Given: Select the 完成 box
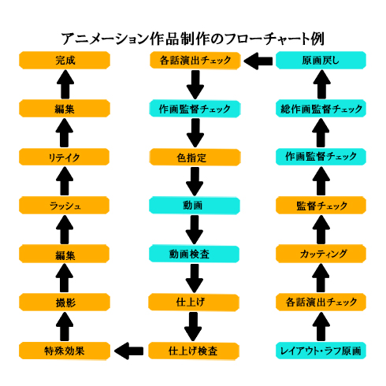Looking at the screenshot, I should click(x=65, y=60).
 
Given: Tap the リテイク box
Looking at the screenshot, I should click(x=65, y=157).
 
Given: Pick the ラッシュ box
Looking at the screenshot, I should click(x=65, y=205).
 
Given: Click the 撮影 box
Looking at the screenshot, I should click(x=65, y=302).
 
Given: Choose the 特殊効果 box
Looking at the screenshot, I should click(x=65, y=350).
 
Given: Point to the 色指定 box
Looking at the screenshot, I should click(x=194, y=157).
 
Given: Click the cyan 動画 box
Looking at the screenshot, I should click(x=194, y=205).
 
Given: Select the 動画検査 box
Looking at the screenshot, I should click(x=194, y=254).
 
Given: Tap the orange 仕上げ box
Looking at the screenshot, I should click(x=194, y=302).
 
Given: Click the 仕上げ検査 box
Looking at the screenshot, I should click(x=194, y=350).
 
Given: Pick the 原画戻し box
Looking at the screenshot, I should click(x=321, y=60).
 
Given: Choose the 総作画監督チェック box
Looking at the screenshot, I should click(x=321, y=109).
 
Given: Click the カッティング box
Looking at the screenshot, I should click(x=321, y=254).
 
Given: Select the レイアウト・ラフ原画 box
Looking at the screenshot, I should click(x=321, y=350).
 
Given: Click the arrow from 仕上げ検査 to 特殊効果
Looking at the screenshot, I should click(x=130, y=349).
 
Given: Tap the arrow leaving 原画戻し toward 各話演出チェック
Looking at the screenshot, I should click(x=258, y=60).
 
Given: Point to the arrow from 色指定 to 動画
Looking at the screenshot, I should click(x=194, y=181).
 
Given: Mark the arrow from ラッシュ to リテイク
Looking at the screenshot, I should click(x=65, y=181).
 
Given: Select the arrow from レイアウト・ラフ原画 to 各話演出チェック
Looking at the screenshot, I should click(x=321, y=325).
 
